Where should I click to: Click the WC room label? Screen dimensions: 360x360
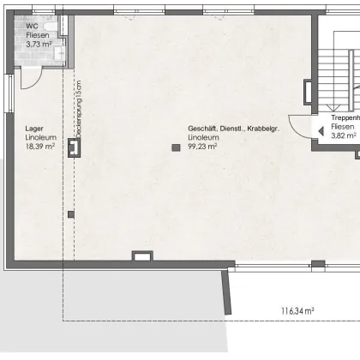pos(31,27)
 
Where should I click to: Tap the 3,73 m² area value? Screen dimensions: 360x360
pos(39,42)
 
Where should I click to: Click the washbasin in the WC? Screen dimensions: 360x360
pos(58,54)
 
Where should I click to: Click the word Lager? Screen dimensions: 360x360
pos(34,129)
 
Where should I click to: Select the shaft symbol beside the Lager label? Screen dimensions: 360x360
pos(75,148)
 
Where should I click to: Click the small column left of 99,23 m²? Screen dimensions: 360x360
pos(176,147)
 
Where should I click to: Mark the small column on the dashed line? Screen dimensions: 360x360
pos(71,214)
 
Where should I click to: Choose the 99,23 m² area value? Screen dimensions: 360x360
pos(202,147)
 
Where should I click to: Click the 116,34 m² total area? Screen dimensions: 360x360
pos(297,310)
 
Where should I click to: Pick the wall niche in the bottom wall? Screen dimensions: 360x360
pos(141,255)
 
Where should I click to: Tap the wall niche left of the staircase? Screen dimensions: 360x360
pos(308,91)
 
